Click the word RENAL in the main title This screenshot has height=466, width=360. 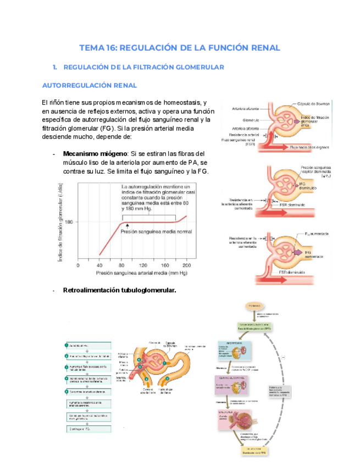point(263,48)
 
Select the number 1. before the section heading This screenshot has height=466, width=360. point(55,67)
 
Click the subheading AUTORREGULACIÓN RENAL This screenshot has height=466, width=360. point(90,86)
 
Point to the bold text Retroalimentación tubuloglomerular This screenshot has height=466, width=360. point(119,290)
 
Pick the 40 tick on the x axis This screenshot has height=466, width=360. point(99,265)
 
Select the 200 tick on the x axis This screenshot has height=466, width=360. point(187,265)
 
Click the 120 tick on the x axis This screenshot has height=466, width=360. point(143,265)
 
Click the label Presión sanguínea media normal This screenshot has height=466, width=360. point(157,232)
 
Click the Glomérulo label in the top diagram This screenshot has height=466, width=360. point(252,119)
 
